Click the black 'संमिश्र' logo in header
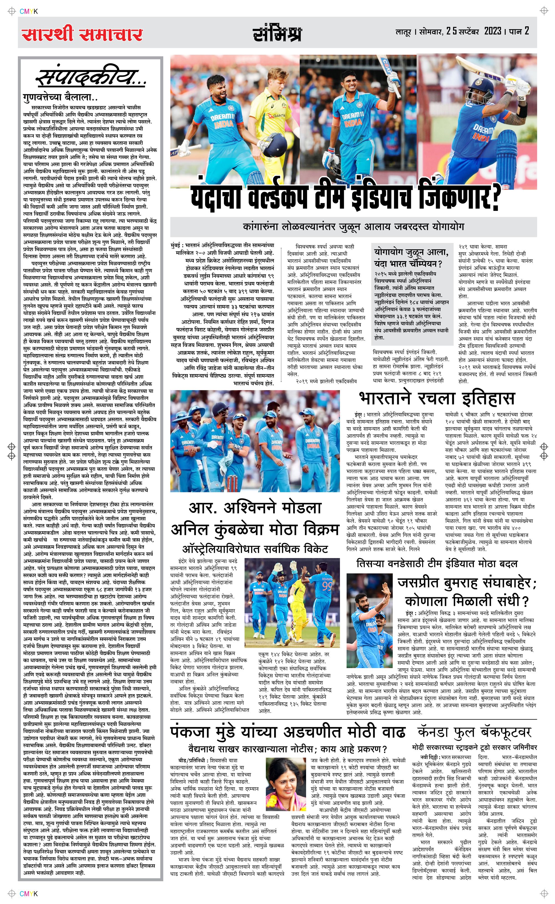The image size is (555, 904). point(277,34)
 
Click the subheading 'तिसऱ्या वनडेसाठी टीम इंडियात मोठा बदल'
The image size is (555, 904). point(437,563)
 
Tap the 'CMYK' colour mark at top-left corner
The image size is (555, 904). point(29,11)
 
